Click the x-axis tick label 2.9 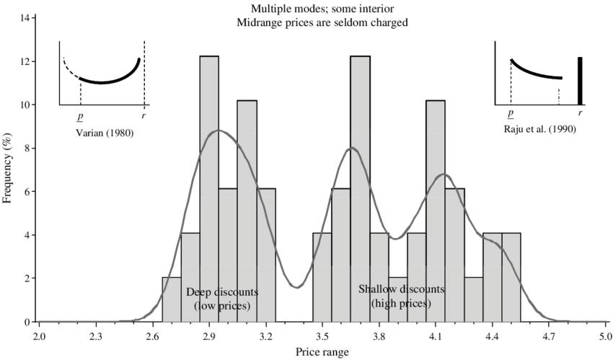(209, 335)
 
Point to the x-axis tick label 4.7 (549, 335)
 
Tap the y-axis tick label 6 (27, 191)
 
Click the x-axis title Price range (322, 351)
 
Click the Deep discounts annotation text (221, 292)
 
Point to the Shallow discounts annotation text (401, 289)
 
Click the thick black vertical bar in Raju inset (580, 81)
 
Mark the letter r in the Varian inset (143, 115)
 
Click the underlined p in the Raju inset (511, 115)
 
